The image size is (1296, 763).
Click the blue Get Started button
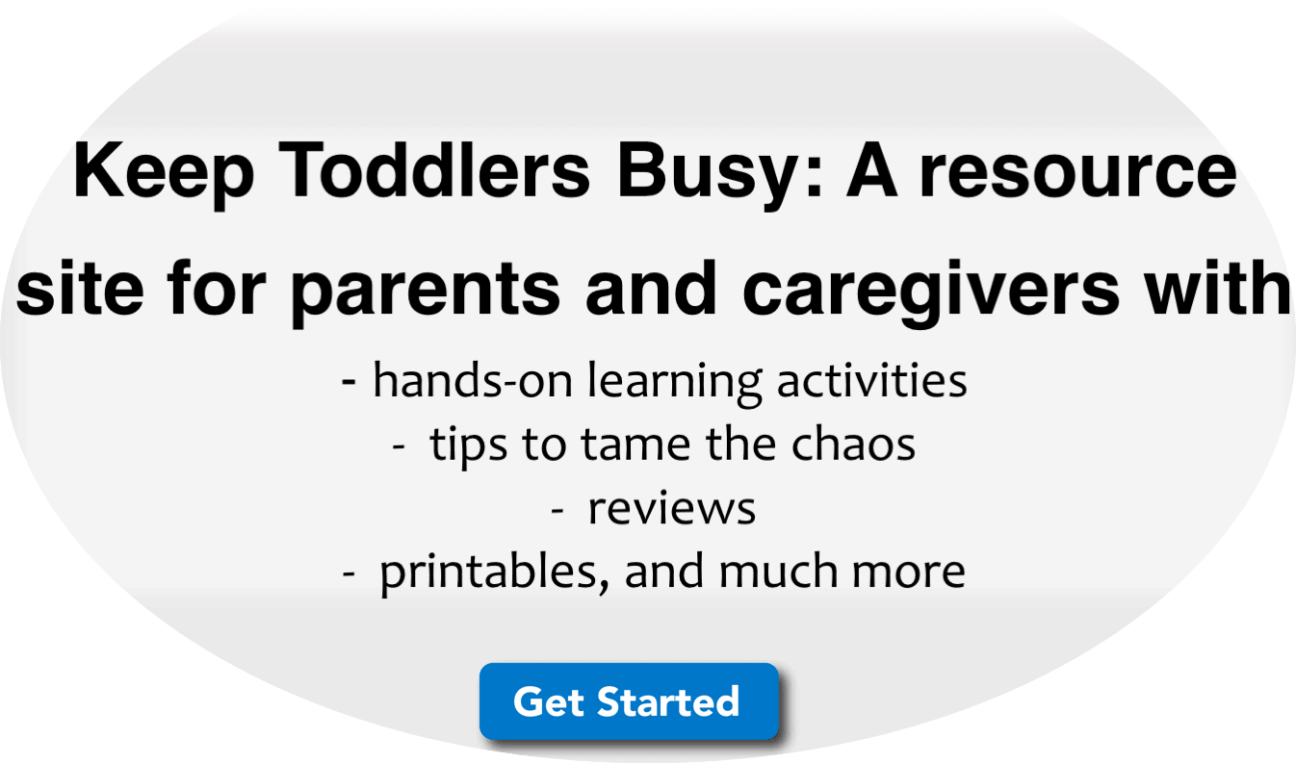pyautogui.click(x=629, y=701)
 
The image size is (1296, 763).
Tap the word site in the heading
pyautogui.click(x=80, y=288)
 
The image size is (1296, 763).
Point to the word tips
pyautogui.click(x=469, y=446)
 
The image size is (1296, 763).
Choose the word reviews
pyautogui.click(x=672, y=509)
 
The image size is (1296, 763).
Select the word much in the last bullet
pyautogui.click(x=778, y=572)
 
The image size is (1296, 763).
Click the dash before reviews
pyautogui.click(x=557, y=510)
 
